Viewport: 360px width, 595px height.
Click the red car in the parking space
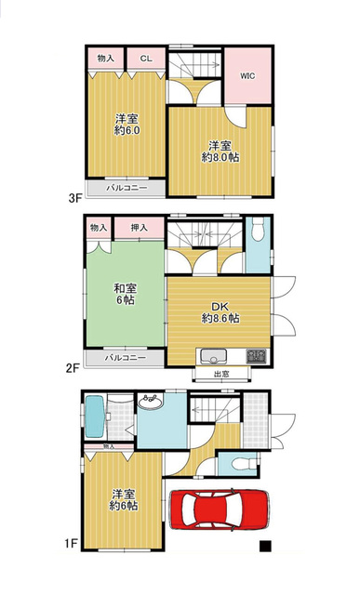point(220,509)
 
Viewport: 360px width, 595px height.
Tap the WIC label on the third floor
point(247,75)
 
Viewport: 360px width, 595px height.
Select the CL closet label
point(146,59)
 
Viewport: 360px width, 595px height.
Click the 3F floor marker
point(75,198)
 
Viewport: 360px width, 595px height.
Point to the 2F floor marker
point(73,368)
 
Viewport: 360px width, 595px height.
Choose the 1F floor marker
point(71,544)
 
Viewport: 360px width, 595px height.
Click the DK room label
point(220,306)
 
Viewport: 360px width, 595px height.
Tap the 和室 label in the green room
point(126,288)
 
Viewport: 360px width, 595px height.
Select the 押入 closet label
point(139,228)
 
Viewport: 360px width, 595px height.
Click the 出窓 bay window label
point(221,374)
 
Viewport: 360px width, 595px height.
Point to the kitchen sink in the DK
point(213,356)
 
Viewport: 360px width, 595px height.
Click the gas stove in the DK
point(257,356)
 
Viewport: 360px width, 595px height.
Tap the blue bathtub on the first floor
point(95,416)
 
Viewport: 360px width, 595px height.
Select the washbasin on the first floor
point(151,401)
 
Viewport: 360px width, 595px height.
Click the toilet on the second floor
point(258,229)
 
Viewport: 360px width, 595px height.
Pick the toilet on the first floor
point(243,464)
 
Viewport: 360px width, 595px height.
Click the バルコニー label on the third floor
point(127,188)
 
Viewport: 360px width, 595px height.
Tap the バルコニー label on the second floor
point(126,357)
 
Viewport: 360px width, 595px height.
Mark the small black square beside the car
point(265,546)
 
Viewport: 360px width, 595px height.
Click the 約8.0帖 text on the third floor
point(220,157)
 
